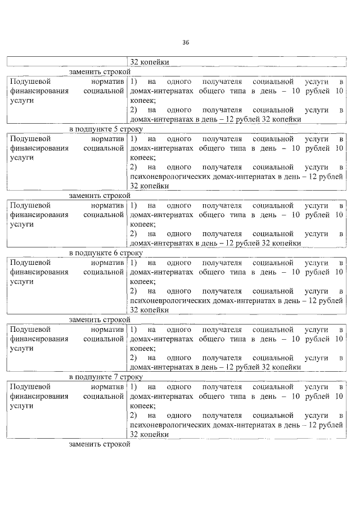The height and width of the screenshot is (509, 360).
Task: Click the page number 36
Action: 186,43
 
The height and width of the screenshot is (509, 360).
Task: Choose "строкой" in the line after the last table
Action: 117,444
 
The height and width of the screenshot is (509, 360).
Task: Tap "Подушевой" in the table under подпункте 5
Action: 29,138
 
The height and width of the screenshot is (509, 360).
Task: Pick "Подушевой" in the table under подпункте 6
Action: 29,263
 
